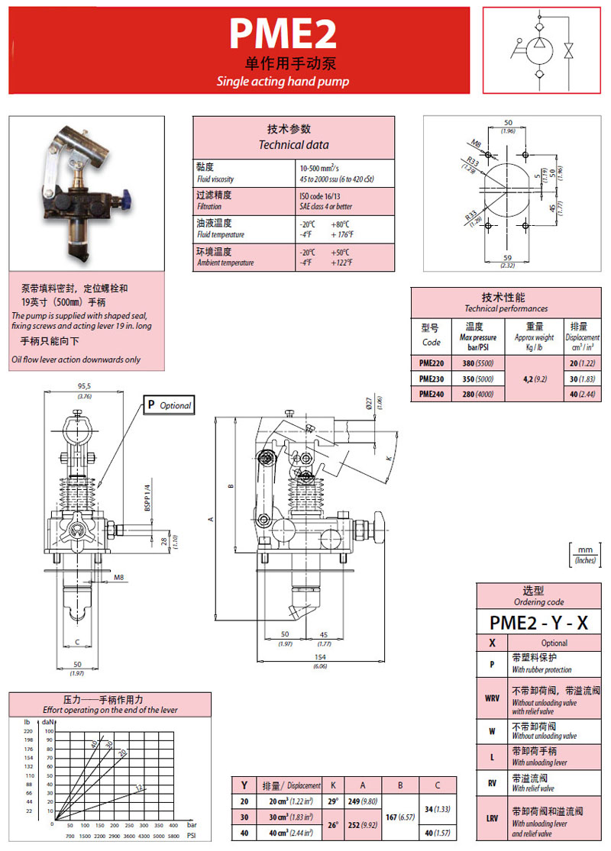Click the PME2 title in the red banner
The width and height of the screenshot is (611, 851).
pyautogui.click(x=283, y=35)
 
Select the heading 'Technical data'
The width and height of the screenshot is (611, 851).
pyautogui.click(x=293, y=144)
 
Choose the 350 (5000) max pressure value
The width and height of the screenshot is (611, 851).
pyautogui.click(x=478, y=379)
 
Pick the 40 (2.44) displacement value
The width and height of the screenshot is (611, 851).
pyautogui.click(x=584, y=394)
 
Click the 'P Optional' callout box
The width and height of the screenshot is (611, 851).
pyautogui.click(x=169, y=405)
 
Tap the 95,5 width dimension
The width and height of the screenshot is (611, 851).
pyautogui.click(x=85, y=386)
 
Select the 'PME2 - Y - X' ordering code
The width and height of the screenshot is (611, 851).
pyautogui.click(x=538, y=622)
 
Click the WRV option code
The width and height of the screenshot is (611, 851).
pyautogui.click(x=493, y=698)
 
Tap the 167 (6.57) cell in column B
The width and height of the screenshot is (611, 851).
pyautogui.click(x=400, y=817)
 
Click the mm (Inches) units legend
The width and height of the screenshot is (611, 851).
pyautogui.click(x=586, y=553)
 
